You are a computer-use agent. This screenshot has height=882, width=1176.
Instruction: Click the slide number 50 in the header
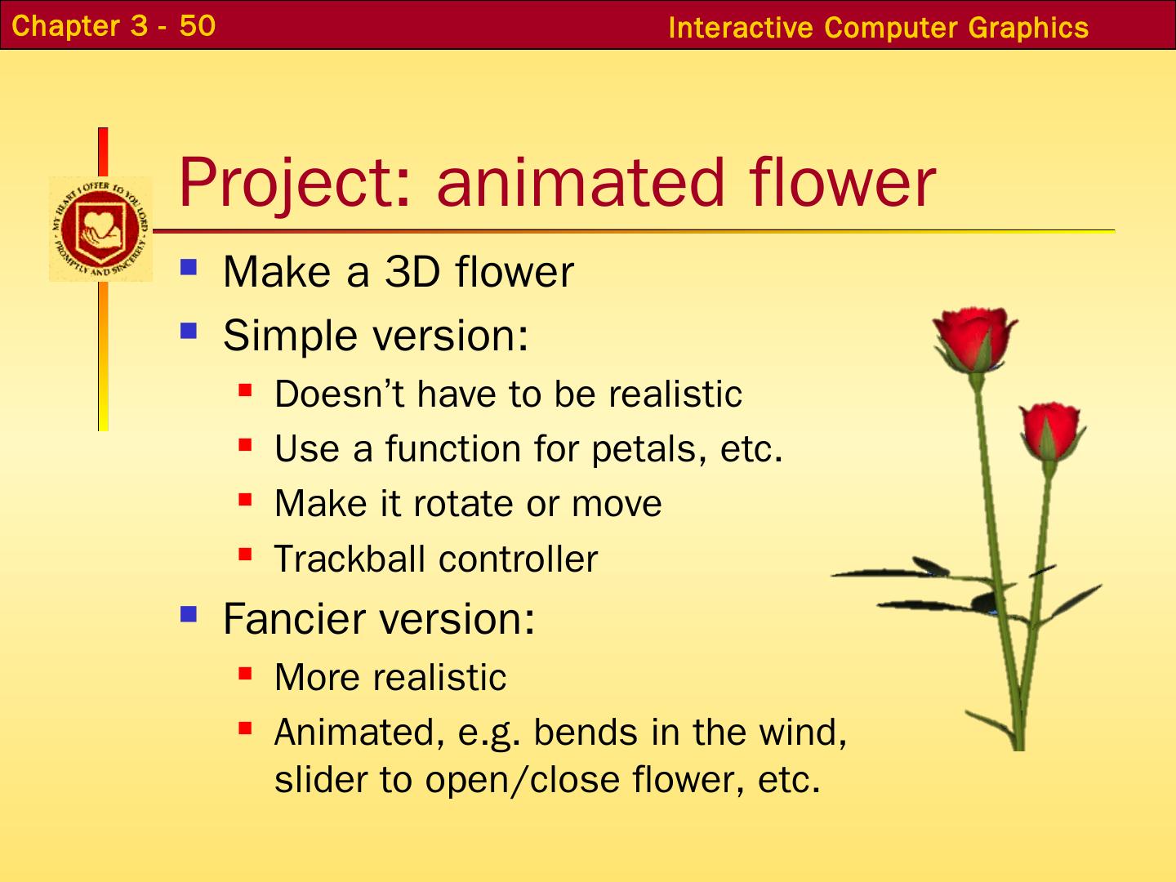(x=197, y=25)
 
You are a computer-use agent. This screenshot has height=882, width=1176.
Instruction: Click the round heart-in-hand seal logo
(x=100, y=229)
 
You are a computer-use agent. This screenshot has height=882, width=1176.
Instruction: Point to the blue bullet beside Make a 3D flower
(x=189, y=267)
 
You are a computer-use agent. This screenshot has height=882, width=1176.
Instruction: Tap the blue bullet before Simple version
(x=189, y=331)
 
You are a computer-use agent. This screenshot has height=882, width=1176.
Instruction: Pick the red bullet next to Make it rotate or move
(x=245, y=500)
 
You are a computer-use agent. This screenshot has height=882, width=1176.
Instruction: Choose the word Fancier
(x=296, y=618)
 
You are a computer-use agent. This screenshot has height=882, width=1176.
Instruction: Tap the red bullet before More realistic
(x=245, y=673)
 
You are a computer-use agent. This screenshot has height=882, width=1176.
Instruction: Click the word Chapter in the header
(x=66, y=26)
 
